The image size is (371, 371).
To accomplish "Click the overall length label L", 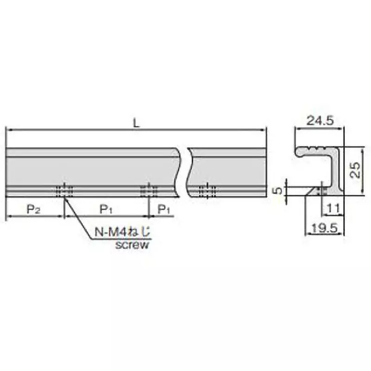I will click(x=136, y=123).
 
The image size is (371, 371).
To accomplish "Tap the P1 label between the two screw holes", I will click(x=106, y=210).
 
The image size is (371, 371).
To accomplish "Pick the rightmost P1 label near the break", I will click(x=164, y=210).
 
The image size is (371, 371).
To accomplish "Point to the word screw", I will click(x=132, y=245).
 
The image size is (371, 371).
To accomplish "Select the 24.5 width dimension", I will click(x=320, y=121).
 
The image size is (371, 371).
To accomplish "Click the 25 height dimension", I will click(x=355, y=170).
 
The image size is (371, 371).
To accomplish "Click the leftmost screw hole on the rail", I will click(x=64, y=190).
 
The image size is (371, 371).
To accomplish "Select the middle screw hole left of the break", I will click(x=149, y=190).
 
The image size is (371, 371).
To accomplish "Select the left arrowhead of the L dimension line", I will click(x=8, y=131).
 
